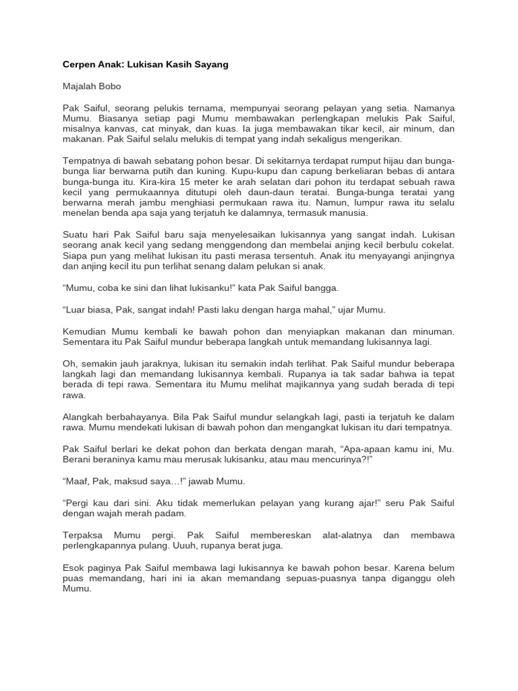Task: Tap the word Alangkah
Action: [84, 416]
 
